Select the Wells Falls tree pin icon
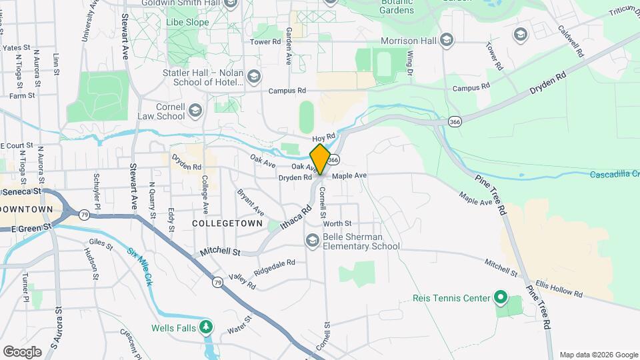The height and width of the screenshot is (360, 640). [207, 325]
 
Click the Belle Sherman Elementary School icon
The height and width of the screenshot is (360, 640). [311, 240]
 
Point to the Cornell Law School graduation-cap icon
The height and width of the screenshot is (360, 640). [195, 110]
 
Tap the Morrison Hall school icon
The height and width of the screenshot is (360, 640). [447, 41]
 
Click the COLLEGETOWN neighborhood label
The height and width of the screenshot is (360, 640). [226, 223]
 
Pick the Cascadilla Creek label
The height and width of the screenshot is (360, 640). [614, 175]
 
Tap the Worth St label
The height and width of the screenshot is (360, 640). [337, 224]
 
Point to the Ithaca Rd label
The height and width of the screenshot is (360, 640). [296, 218]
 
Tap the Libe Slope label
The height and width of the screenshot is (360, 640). [187, 22]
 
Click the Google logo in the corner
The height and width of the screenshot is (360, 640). [22, 351]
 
